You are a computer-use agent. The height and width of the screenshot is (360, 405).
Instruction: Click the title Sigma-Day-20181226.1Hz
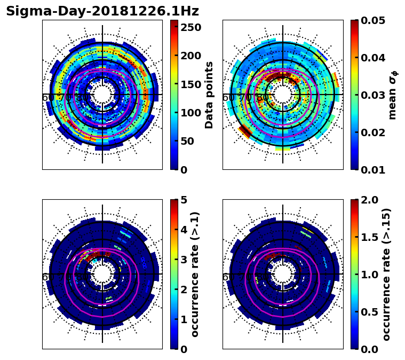[x=102, y=11]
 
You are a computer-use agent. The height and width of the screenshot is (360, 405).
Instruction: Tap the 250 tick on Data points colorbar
[x=191, y=27]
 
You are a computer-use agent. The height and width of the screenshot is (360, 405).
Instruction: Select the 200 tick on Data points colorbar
[x=191, y=56]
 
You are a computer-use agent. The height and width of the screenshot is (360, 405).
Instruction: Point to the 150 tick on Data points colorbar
[x=191, y=84]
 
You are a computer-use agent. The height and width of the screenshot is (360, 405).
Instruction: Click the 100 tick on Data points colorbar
[x=191, y=113]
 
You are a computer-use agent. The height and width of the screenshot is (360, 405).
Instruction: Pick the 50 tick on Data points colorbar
[x=191, y=141]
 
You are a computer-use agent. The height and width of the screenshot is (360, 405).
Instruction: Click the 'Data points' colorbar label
[x=209, y=95]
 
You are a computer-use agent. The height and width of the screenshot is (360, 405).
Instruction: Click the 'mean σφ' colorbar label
[x=393, y=95]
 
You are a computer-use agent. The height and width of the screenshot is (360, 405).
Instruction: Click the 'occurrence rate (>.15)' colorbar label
[x=387, y=274]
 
